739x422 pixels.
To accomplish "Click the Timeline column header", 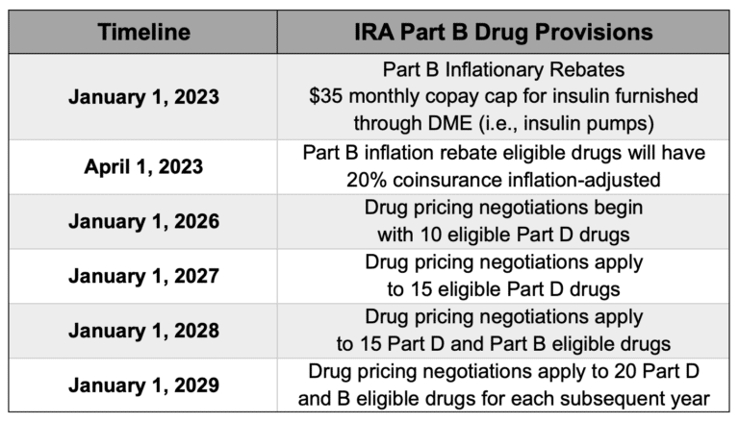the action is point(143,32).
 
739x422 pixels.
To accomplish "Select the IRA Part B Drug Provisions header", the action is point(503,32).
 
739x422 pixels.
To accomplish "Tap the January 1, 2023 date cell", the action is point(143,97).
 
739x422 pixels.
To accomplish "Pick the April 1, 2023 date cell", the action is point(143,166).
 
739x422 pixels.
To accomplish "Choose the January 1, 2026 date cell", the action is point(143,221).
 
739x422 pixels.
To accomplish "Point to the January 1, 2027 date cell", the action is point(143,276).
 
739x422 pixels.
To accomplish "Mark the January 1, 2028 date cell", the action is point(143,331).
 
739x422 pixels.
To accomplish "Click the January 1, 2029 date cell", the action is point(143,385).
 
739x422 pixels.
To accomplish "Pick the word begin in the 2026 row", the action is point(619,208).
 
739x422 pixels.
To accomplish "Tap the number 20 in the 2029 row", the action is point(624,371).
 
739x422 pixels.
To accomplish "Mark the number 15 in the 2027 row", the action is point(421,289).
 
